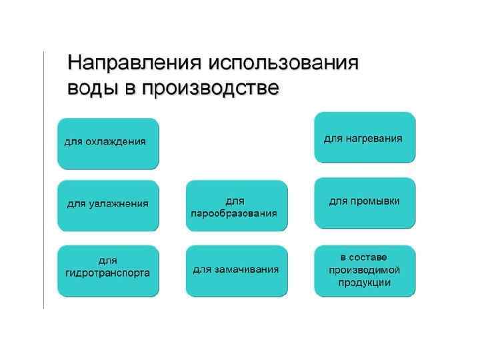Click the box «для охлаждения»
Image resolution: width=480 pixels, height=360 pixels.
tap(108, 143)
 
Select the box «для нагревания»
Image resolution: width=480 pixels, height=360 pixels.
tap(364, 137)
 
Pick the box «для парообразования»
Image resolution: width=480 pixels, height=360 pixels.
tap(236, 205)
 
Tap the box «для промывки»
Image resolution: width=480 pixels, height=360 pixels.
tap(364, 202)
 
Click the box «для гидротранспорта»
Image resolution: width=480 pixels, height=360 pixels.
tap(108, 270)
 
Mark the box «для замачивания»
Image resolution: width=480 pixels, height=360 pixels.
tap(236, 270)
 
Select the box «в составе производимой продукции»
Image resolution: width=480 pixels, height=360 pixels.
tap(364, 270)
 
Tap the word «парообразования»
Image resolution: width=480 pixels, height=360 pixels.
tap(234, 213)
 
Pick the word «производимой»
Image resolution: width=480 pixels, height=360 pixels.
tap(364, 270)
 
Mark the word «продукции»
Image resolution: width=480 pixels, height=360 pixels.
tap(364, 282)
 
